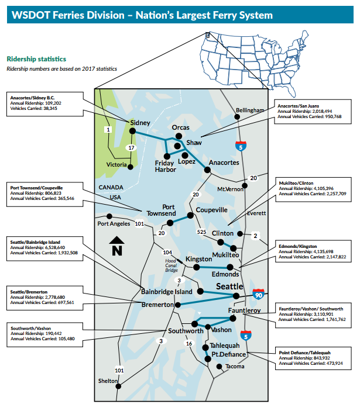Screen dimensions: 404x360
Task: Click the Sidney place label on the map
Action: [x=140, y=123]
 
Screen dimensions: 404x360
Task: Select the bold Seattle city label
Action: [x=230, y=286]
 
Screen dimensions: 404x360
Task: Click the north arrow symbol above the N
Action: [x=116, y=240]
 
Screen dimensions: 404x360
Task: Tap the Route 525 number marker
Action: [x=201, y=232]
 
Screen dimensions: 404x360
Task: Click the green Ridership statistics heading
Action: [x=36, y=59]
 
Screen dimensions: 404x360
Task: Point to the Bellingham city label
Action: [x=250, y=110]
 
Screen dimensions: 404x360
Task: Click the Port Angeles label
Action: [x=114, y=223]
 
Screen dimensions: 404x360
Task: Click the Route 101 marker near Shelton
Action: [x=119, y=370]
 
